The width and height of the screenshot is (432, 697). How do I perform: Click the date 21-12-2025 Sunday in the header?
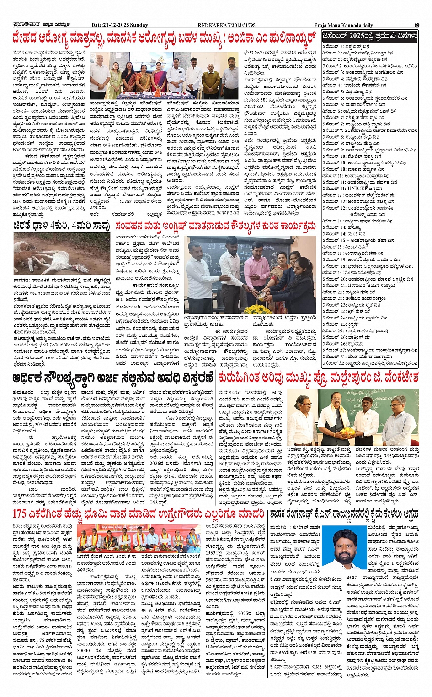point(120,25)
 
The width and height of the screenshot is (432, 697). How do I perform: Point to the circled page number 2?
point(416,25)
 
